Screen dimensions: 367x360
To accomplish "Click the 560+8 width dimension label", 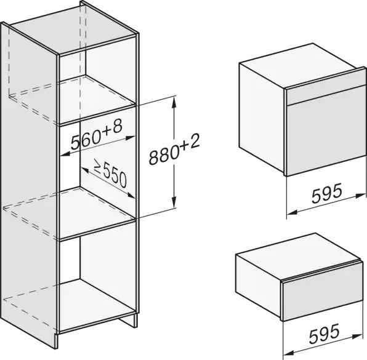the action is pyautogui.click(x=97, y=135).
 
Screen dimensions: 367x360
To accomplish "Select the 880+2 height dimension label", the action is pyautogui.click(x=174, y=150).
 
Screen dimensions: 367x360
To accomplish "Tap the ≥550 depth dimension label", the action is pyautogui.click(x=110, y=174).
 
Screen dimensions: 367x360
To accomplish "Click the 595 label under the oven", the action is pyautogui.click(x=327, y=193).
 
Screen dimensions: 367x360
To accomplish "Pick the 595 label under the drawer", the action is pyautogui.click(x=324, y=334).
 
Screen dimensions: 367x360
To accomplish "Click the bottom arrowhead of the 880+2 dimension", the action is pyautogui.click(x=174, y=202).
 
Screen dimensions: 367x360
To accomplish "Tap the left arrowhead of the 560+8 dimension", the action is pyautogui.click(x=65, y=154).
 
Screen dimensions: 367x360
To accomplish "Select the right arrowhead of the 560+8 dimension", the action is pyautogui.click(x=130, y=138).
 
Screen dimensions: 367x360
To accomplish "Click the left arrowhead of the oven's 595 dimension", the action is pyautogui.click(x=292, y=212).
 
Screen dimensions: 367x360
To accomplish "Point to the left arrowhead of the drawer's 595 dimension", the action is pyautogui.click(x=289, y=353).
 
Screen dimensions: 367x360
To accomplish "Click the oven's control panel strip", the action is pyautogui.click(x=325, y=88).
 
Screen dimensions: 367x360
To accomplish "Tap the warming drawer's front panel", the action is pyautogui.click(x=323, y=292).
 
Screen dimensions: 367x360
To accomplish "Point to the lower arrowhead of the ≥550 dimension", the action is pyautogui.click(x=131, y=195).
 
